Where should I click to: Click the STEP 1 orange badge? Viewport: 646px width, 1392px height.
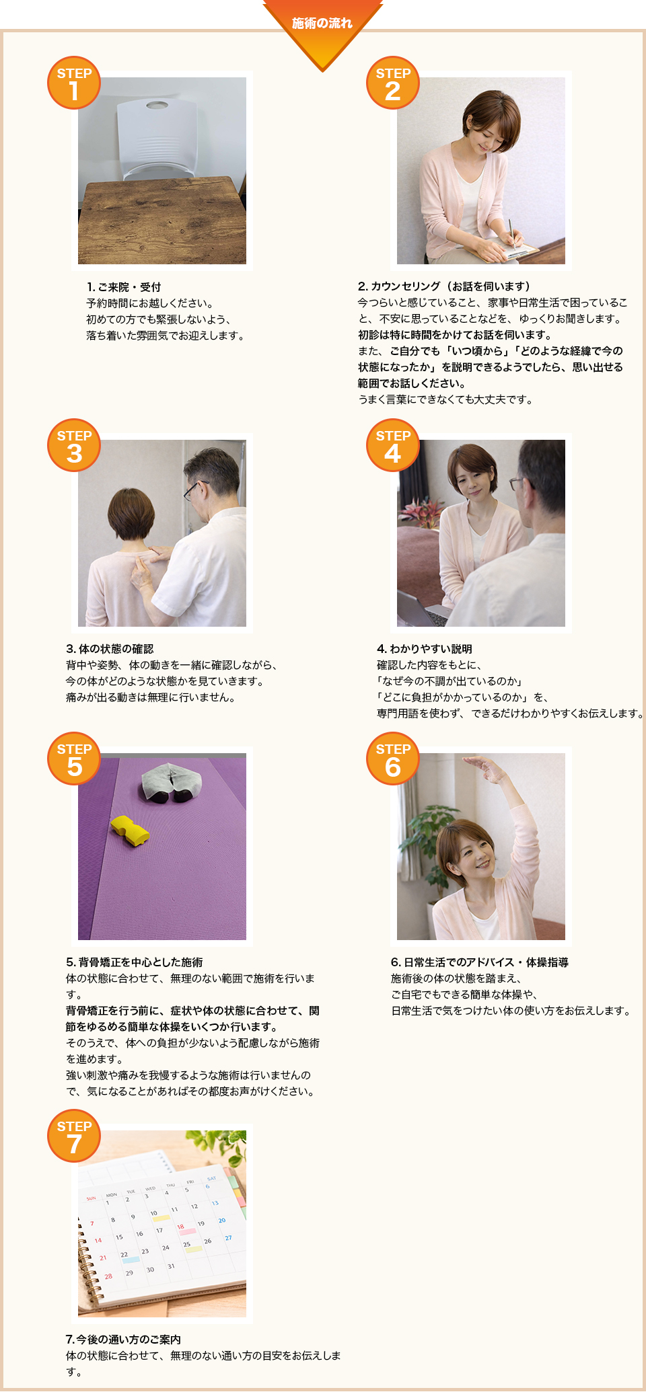point(74,83)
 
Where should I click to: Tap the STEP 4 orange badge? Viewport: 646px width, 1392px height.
point(393,445)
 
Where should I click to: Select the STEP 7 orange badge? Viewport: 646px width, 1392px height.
point(74,1136)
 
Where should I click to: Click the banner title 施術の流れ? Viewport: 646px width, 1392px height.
point(322,24)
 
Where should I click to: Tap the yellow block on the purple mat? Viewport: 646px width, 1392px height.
point(129,830)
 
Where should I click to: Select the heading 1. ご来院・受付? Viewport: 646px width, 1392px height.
point(124,287)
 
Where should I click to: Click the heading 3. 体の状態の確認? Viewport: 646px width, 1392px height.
point(110,649)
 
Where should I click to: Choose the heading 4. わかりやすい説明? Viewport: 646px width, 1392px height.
point(425,649)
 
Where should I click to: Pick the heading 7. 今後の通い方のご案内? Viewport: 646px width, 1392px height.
point(123,1340)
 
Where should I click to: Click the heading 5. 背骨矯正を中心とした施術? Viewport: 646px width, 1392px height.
point(135,962)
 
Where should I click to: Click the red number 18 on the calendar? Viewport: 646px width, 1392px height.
point(180,1227)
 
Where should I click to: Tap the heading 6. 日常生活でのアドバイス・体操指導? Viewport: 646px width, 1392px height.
point(480,962)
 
